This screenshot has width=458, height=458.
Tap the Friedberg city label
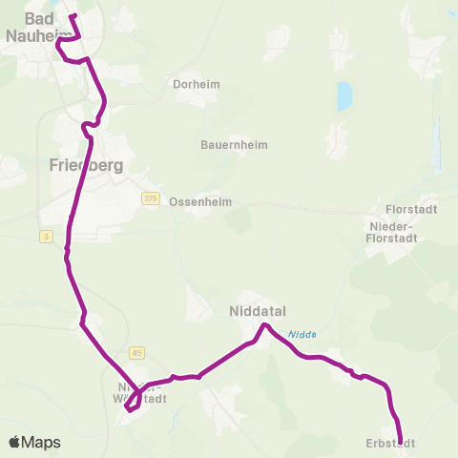[86, 165]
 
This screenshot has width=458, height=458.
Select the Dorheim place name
[197, 84]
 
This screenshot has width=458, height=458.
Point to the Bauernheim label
[234, 145]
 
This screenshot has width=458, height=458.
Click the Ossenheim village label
[200, 202]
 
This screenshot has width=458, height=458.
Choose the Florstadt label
[410, 208]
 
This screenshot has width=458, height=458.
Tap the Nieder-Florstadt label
[401, 232]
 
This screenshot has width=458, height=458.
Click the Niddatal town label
[258, 311]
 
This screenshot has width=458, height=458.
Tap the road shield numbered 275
[150, 198]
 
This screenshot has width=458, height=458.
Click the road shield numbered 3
[45, 236]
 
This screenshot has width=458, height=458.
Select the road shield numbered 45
[137, 352]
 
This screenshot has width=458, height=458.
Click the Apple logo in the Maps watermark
[15, 442]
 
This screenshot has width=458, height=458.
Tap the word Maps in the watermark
[42, 442]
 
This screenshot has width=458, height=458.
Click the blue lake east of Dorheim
[343, 95]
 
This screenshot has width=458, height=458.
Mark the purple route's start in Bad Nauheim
[72, 16]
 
